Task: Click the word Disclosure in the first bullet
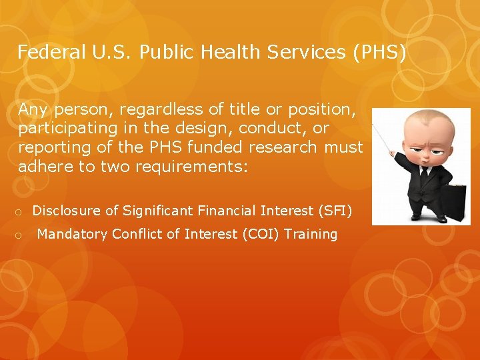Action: (68, 211)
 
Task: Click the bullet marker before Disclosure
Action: (21, 212)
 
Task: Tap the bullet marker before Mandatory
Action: (21, 235)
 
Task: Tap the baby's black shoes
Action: (427, 217)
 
